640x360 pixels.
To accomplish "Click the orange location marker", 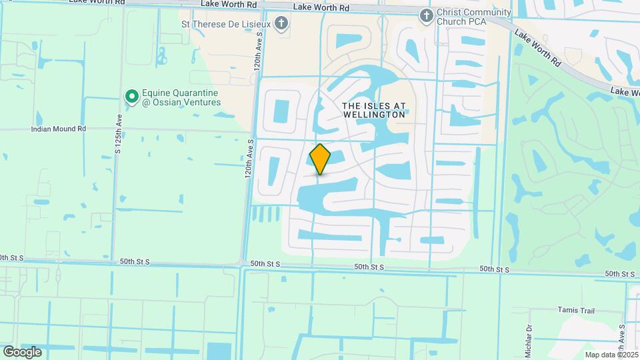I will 320,159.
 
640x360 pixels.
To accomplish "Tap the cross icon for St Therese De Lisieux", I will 282,24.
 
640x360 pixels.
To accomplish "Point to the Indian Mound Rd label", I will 59,129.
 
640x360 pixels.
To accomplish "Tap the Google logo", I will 22,351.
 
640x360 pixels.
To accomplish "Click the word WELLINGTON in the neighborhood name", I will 373,115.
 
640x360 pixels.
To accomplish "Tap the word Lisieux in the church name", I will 251,24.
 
